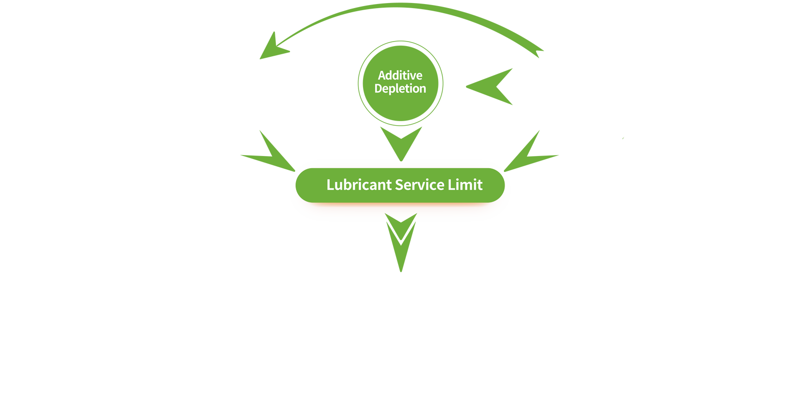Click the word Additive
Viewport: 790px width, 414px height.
tap(400, 76)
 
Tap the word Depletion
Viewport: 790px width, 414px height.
tap(400, 89)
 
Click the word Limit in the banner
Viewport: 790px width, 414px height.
tap(465, 185)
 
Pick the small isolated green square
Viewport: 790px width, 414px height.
tap(623, 138)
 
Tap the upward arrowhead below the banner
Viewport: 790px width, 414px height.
tap(401, 218)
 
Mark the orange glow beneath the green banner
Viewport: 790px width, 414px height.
tap(400, 204)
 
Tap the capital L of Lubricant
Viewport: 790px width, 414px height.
tap(330, 185)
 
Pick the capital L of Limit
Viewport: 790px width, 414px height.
tap(451, 185)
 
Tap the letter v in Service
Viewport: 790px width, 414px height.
tap(422, 185)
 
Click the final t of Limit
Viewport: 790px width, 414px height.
tap(480, 185)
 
